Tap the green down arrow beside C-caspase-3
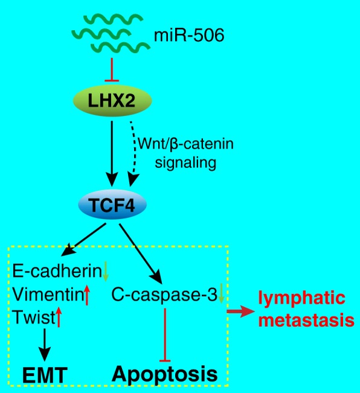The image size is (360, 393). [x=220, y=295]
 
